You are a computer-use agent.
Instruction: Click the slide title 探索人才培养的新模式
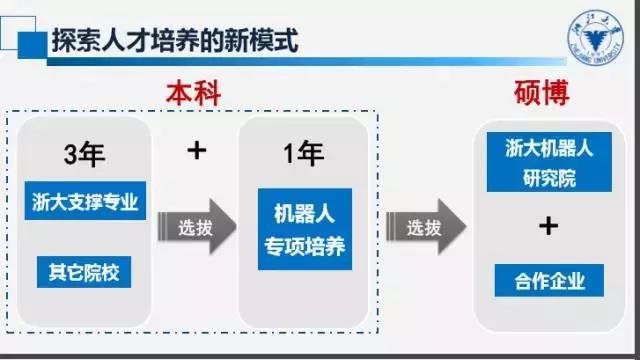pyautogui.click(x=172, y=41)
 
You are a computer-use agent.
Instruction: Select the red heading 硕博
pyautogui.click(x=546, y=93)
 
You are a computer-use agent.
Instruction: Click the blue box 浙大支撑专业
pyautogui.click(x=84, y=202)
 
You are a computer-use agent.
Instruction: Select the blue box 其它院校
pyautogui.click(x=84, y=270)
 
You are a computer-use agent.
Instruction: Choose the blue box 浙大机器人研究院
pyautogui.click(x=546, y=163)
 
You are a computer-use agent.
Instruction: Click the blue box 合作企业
pyautogui.click(x=546, y=279)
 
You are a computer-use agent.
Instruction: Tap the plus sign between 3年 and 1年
pyautogui.click(x=197, y=149)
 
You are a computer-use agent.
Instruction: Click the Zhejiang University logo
pyautogui.click(x=597, y=41)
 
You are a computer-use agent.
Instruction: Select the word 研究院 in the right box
pyautogui.click(x=546, y=177)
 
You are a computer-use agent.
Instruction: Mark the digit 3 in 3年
pyautogui.click(x=72, y=156)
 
